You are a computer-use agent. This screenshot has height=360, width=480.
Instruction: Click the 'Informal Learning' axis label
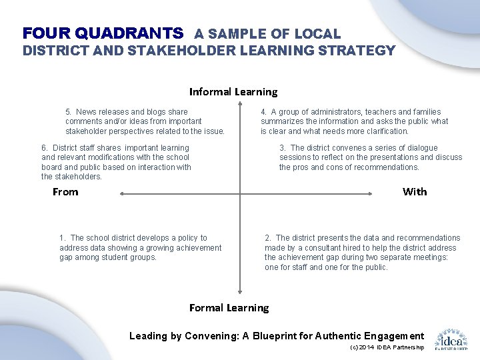(x=233, y=92)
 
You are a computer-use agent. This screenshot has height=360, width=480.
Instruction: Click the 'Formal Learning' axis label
(x=229, y=308)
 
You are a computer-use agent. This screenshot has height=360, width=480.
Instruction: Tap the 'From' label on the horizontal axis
(x=65, y=192)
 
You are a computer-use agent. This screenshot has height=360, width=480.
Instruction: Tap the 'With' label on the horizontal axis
(x=415, y=192)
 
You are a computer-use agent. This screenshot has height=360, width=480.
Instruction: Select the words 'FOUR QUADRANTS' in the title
(x=103, y=33)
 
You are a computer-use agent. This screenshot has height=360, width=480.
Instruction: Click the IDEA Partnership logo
(x=451, y=339)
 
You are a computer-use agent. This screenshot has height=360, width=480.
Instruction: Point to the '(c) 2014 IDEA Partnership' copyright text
(x=387, y=348)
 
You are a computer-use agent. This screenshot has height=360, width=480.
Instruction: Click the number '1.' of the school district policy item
(x=63, y=238)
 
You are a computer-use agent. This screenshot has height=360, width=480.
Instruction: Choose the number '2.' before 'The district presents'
(x=268, y=238)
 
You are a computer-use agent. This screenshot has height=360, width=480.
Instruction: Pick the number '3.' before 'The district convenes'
(x=283, y=148)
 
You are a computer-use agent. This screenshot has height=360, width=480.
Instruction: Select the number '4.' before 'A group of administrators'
(x=264, y=112)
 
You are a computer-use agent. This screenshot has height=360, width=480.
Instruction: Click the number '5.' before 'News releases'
(x=69, y=112)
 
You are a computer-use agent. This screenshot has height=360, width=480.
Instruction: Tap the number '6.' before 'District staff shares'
(x=45, y=148)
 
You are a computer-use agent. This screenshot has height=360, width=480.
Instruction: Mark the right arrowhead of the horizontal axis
(x=372, y=194)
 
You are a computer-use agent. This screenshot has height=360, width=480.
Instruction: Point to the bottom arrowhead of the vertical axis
(x=240, y=291)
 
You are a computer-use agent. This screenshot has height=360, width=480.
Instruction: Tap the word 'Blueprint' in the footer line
(x=275, y=336)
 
